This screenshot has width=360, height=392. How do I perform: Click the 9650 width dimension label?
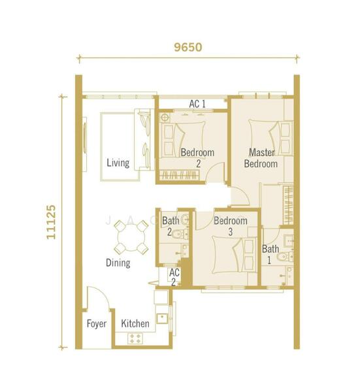188,47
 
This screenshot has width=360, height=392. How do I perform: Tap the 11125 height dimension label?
51,222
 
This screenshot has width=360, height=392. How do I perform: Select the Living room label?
118,163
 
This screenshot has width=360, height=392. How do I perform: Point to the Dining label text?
118,263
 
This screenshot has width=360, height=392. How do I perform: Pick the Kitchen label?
135,323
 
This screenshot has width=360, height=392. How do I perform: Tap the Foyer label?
97,323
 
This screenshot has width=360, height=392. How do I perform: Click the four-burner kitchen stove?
135,338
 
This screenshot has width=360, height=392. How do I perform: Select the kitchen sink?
162,318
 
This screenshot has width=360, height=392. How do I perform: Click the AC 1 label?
197,104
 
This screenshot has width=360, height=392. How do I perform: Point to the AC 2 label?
174,277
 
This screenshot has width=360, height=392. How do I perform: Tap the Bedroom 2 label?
197,158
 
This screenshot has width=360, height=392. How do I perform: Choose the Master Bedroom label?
261,158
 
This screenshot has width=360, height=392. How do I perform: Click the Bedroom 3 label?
231,226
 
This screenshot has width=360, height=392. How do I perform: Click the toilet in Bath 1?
286,257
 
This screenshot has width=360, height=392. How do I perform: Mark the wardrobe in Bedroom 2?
180,174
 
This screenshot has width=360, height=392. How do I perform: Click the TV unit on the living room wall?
84,144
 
